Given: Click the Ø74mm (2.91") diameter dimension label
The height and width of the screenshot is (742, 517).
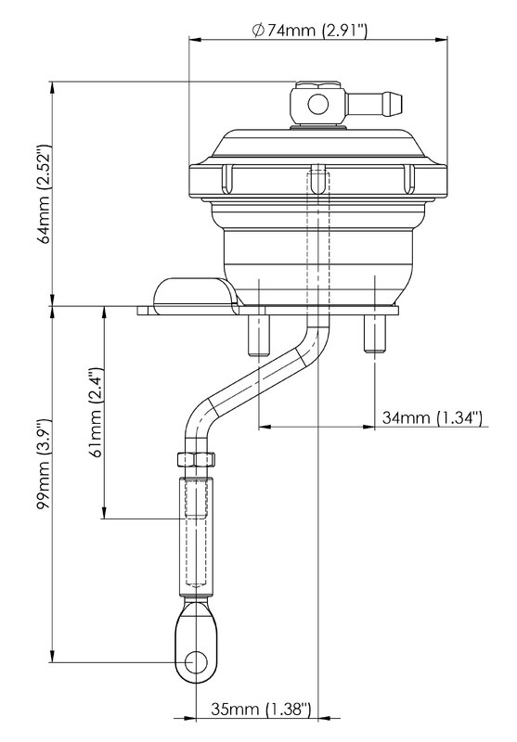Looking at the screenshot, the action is tap(310, 31).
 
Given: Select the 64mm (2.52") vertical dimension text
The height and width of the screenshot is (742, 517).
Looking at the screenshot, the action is tap(45, 194).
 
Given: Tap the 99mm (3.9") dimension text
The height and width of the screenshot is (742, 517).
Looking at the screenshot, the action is tap(45, 465).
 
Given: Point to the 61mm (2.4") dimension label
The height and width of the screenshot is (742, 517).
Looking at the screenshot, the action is tap(97, 412).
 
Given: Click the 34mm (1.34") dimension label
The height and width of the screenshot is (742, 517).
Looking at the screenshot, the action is tap(433, 418).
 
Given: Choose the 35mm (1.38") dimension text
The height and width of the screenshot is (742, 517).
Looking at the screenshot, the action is tap(262, 709).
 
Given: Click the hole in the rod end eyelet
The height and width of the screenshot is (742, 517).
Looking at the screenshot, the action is tap(197, 662).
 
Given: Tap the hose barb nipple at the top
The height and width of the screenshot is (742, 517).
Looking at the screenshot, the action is tap(374, 104).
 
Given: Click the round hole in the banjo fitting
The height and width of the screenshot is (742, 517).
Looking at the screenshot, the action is tap(317, 104).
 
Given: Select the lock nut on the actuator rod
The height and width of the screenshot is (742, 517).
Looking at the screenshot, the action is tap(196, 459).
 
